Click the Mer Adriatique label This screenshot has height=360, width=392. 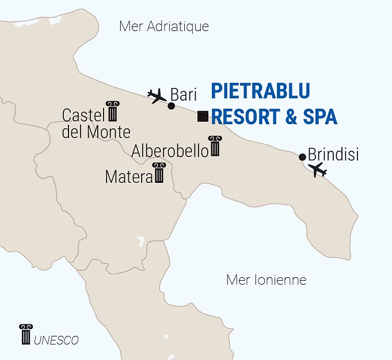coord(163,26)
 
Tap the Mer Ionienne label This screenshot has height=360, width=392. coord(266,280)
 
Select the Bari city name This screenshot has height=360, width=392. coord(184,95)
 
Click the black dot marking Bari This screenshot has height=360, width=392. coord(171,106)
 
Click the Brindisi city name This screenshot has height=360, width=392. coord(333,155)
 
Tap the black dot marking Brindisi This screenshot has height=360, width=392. coord(302,156)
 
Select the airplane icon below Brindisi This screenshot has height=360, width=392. coord(317,170)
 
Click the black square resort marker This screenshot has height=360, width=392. coord(203,116)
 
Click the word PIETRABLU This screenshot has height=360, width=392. coord(260,91)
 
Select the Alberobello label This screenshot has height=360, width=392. coord(170,151)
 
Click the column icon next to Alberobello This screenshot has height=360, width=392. coord(215,146)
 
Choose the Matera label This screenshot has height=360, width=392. coord(128,177)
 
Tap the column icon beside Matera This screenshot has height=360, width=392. coord(159,173)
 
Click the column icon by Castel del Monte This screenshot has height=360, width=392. coord(112,112)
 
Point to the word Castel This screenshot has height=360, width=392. coord(82,115)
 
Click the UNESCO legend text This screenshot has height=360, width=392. coord(56,340)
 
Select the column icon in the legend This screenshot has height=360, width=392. coord(26,335)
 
